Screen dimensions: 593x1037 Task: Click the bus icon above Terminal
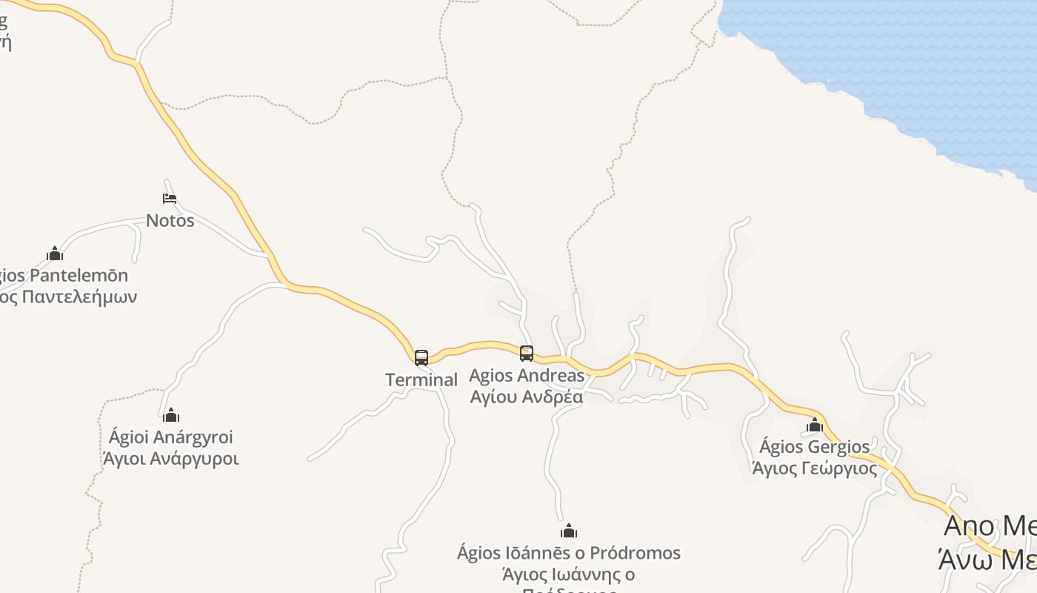point(421,358)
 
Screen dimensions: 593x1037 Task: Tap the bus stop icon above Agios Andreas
point(527,354)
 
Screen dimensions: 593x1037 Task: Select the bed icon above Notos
point(170,199)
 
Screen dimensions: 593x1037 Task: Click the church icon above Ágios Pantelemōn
point(55,254)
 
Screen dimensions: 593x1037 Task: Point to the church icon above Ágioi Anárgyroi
point(171,415)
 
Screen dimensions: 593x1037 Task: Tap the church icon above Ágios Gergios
point(815,425)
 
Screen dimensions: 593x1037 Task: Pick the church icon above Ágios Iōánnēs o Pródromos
point(569,531)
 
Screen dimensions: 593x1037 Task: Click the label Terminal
point(421,380)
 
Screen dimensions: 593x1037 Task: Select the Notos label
point(170,220)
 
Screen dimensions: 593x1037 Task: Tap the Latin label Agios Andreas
point(527,375)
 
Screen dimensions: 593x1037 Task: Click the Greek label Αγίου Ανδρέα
point(527,397)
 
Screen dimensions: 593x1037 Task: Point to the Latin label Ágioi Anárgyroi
point(171,437)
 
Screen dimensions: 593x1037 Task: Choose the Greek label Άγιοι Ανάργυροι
point(171,459)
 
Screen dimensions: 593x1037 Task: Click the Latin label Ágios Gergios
point(815,447)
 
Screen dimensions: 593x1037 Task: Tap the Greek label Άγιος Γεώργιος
point(815,468)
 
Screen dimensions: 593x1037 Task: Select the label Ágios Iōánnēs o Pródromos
point(569,553)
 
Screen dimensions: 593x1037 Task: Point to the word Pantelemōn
point(83,276)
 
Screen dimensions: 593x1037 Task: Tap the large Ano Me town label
point(990,526)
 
